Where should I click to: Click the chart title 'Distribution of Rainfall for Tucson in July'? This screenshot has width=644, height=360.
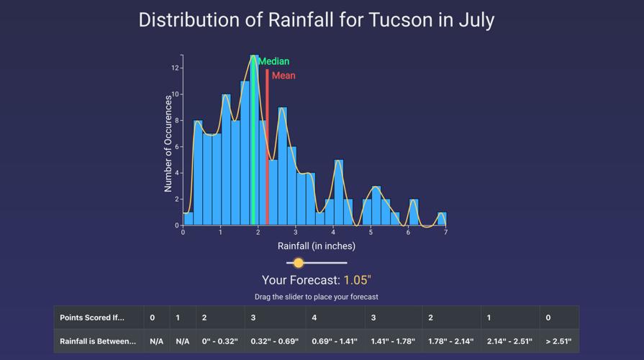click(317, 19)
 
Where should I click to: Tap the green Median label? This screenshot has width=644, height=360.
click(273, 61)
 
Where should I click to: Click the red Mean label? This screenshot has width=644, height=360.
click(284, 76)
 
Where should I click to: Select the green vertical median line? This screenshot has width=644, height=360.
click(253, 144)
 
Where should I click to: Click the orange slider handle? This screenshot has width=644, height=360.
click(299, 263)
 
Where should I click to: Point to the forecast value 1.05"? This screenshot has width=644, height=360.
click(357, 280)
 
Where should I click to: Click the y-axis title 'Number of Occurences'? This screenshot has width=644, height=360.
click(168, 143)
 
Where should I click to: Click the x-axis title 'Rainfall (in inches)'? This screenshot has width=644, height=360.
click(317, 246)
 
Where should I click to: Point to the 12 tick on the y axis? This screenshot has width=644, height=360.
click(175, 68)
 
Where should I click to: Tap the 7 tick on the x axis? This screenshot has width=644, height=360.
click(445, 233)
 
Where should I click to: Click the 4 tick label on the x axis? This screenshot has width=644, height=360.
click(333, 233)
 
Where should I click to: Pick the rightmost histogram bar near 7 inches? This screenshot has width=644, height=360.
click(442, 219)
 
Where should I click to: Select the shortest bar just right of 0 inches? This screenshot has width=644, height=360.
click(189, 219)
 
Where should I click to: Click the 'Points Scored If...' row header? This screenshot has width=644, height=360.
click(92, 318)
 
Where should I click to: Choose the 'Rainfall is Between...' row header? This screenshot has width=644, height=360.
click(98, 341)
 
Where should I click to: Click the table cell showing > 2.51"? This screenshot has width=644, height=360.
click(558, 341)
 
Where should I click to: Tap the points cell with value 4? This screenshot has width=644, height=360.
click(314, 318)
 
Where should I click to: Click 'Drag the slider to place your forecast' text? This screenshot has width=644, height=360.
click(317, 297)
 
